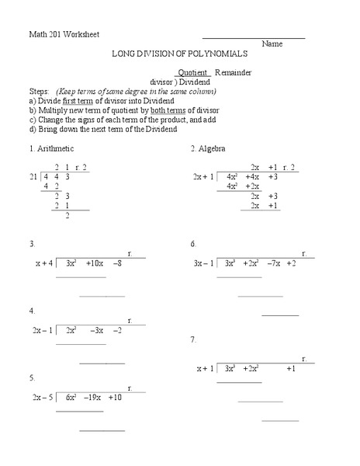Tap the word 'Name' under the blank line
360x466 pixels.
click(x=272, y=44)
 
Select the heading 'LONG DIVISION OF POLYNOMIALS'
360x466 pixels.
click(x=180, y=55)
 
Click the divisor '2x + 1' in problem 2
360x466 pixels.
click(x=203, y=177)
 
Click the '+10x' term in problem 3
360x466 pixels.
click(x=97, y=263)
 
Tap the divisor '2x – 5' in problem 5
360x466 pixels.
click(x=42, y=397)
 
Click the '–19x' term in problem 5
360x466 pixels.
click(x=92, y=397)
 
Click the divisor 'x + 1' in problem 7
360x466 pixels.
click(x=205, y=368)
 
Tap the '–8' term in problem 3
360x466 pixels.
click(x=118, y=263)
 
